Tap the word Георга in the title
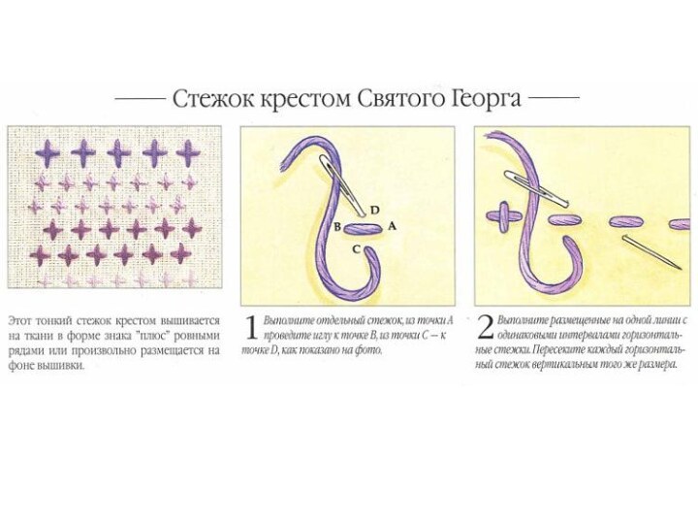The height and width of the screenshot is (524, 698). (487, 99)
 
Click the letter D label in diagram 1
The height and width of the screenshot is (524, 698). (375, 210)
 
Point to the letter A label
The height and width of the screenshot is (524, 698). (392, 226)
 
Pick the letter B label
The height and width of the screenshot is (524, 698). (337, 227)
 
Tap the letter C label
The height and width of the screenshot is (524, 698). (356, 249)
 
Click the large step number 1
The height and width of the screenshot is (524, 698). (251, 329)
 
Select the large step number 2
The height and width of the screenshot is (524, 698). (486, 328)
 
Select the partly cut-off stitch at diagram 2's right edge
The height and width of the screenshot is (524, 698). (680, 224)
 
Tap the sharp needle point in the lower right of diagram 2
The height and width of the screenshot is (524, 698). (680, 269)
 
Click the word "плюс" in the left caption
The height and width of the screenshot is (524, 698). (154, 336)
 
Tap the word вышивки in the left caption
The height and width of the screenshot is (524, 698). (62, 366)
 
